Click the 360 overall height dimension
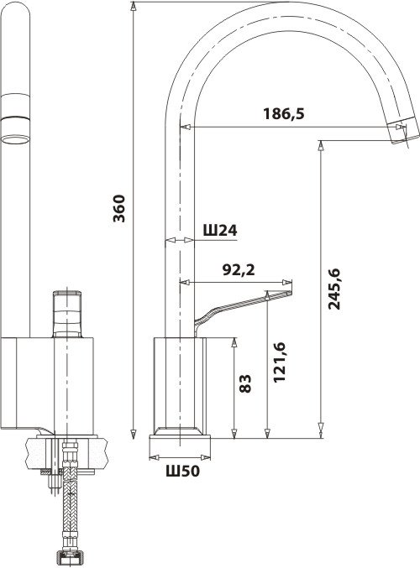(119, 208)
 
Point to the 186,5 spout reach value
(284, 114)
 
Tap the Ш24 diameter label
(220, 230)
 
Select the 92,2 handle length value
(239, 270)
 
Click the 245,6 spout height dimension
(334, 289)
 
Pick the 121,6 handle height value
(280, 362)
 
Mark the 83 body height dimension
(245, 383)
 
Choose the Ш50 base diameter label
(183, 471)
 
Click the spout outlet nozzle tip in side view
(403, 131)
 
